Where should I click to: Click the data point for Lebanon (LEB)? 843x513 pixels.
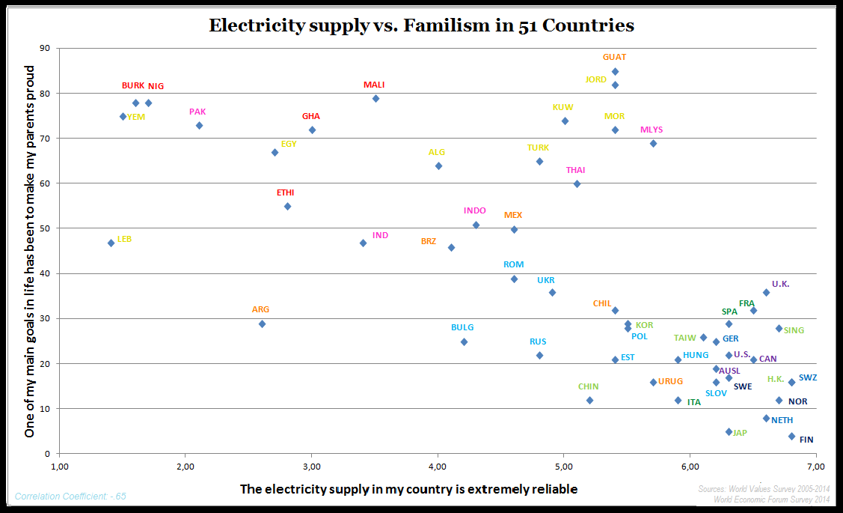tap(111, 243)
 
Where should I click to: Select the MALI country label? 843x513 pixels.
tap(374, 85)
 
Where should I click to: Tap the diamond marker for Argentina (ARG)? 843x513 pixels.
tap(262, 324)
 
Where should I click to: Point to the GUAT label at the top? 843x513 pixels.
tap(615, 57)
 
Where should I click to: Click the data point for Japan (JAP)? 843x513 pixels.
tap(729, 431)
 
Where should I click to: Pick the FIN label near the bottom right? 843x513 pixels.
tap(806, 440)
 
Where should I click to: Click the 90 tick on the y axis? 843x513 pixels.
tap(44, 48)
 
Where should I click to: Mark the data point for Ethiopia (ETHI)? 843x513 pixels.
tap(287, 206)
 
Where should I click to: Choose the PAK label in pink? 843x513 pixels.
tap(197, 112)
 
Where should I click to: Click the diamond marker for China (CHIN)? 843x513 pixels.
tap(589, 400)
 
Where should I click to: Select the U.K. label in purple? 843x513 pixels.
tap(780, 284)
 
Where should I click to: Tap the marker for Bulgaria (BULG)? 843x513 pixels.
tap(464, 342)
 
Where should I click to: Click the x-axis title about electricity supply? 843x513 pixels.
tap(408, 489)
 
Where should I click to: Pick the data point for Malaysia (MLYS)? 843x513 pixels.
tap(653, 143)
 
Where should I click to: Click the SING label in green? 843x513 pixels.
tap(794, 330)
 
